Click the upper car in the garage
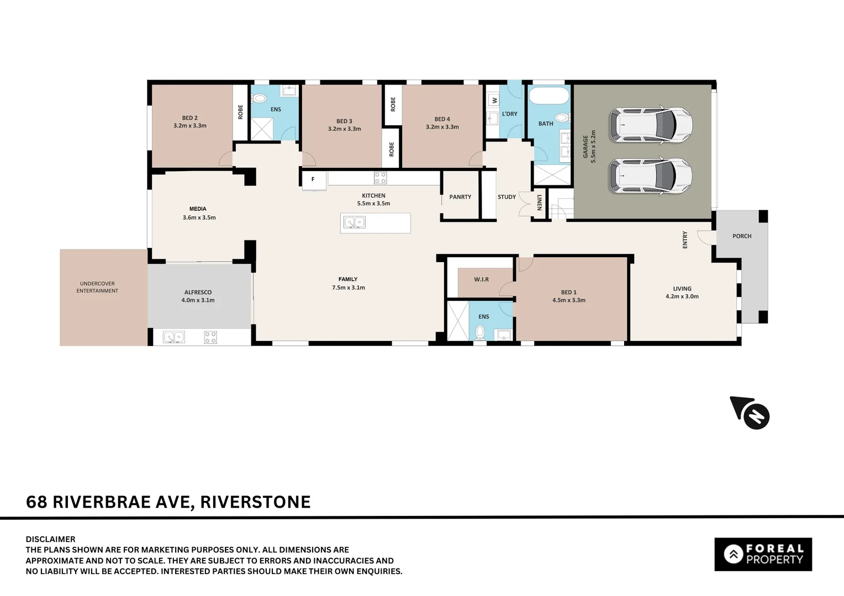(651, 125)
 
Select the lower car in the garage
(651, 176)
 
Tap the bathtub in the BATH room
(549, 95)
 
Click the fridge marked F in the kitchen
(313, 179)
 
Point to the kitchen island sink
(354, 222)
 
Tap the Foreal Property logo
(763, 554)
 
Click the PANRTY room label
(460, 197)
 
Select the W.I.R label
(481, 279)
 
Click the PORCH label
(741, 236)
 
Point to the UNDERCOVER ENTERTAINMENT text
(97, 287)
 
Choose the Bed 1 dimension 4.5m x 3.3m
(568, 300)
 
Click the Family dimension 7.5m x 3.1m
(348, 288)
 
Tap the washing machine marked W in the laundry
(494, 100)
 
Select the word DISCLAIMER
(50, 539)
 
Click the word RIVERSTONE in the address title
(255, 502)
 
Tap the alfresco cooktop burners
(210, 337)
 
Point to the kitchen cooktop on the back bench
(380, 178)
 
